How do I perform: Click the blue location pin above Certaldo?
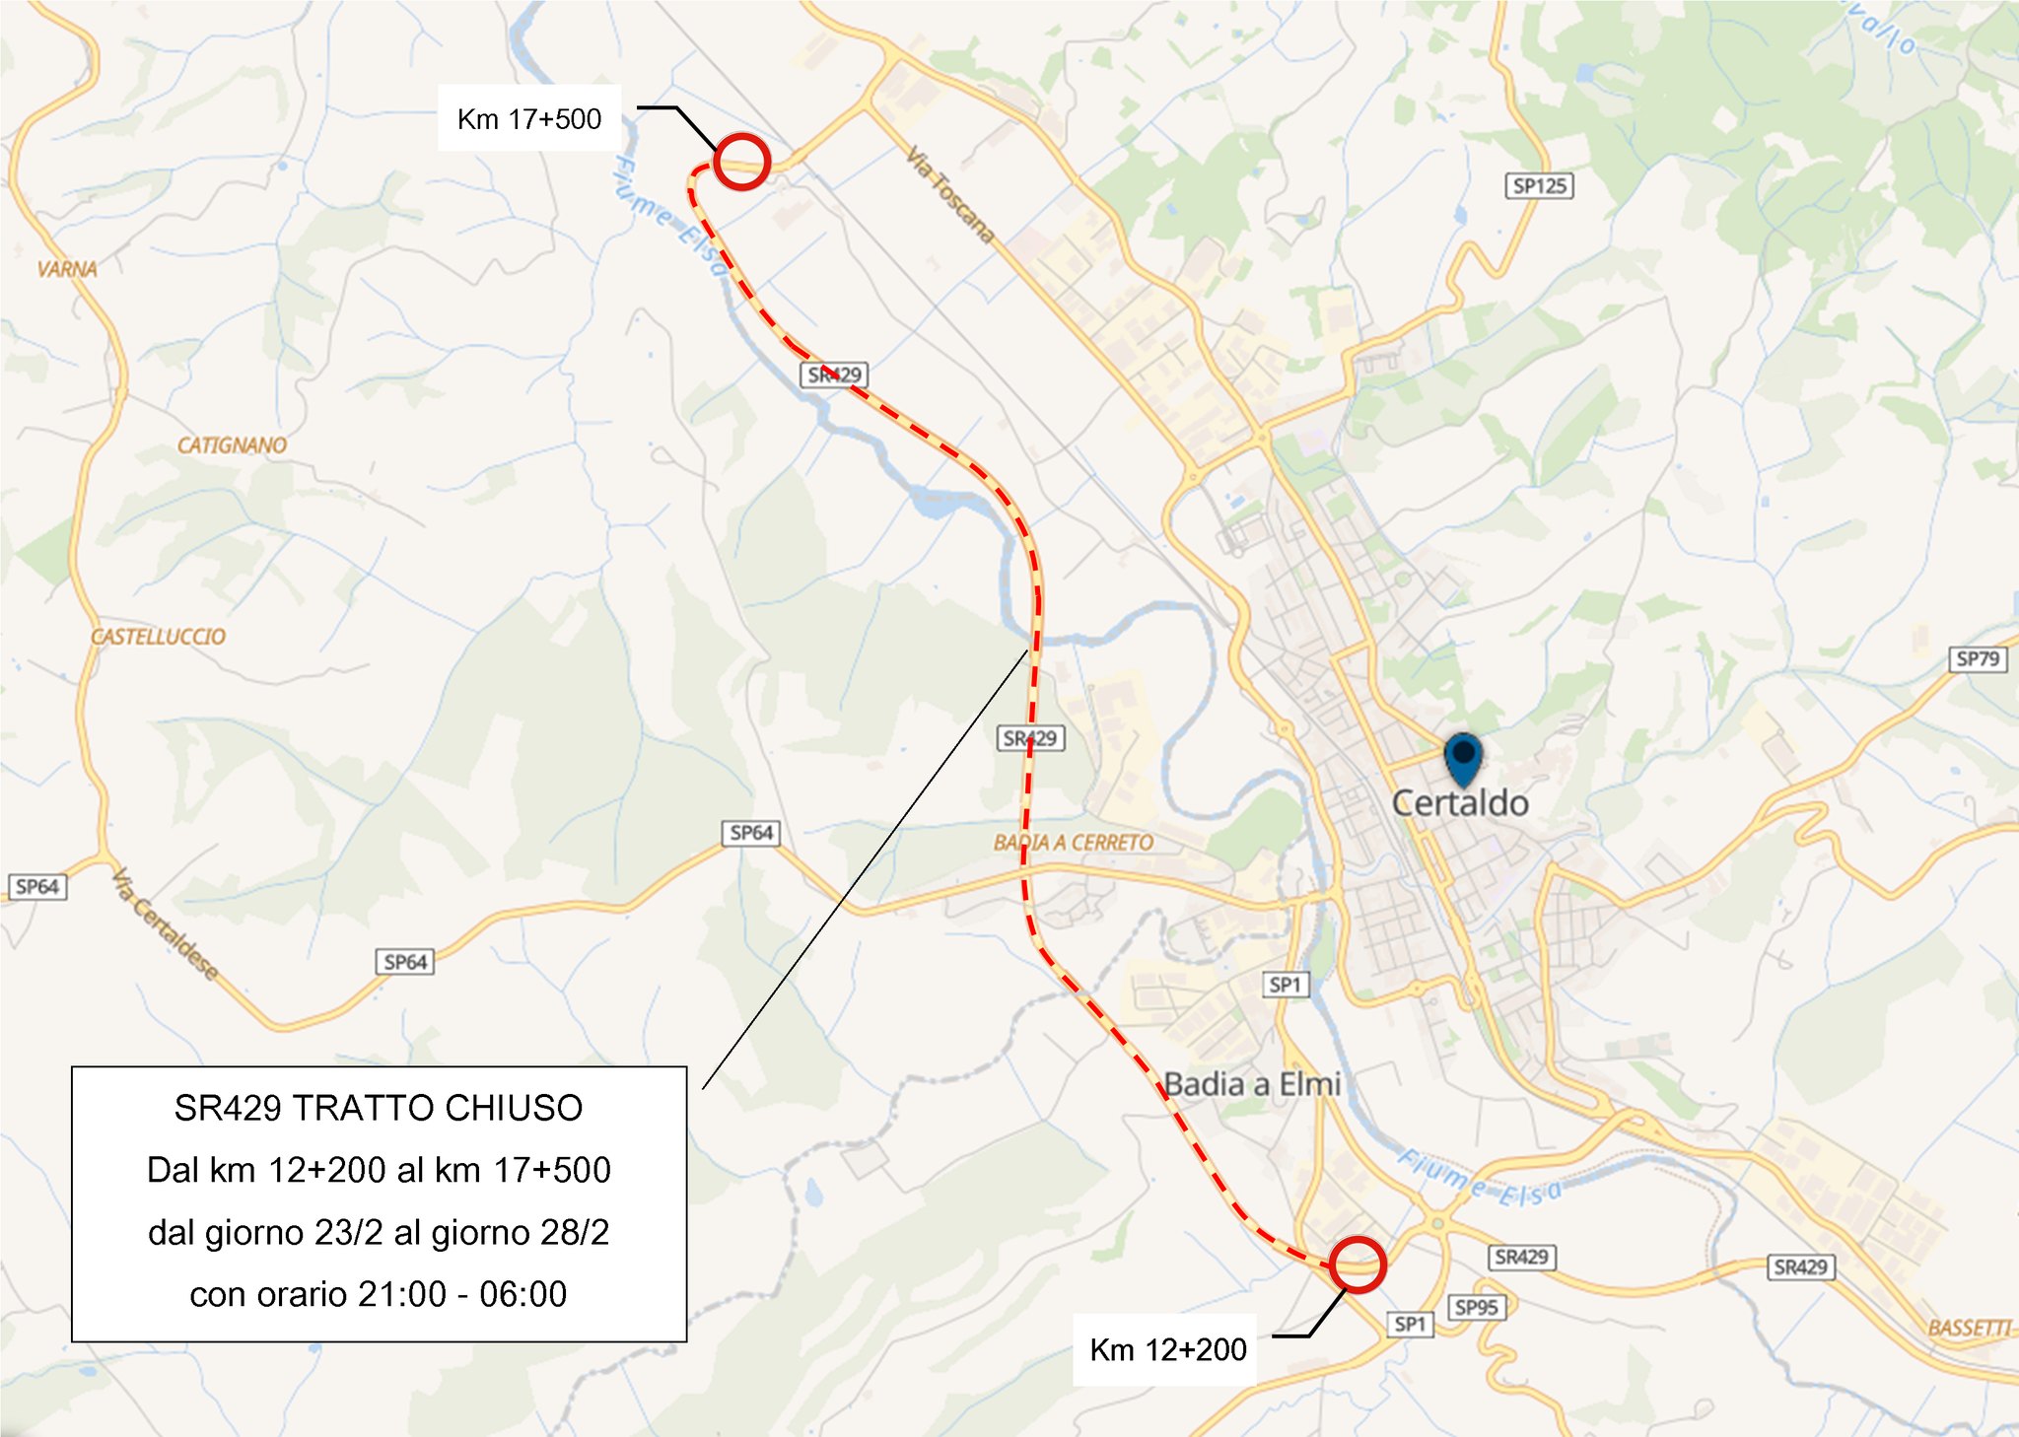tap(1464, 757)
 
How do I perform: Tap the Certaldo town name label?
tap(1460, 803)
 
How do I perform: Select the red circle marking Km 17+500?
tap(740, 161)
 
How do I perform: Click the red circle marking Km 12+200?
tap(1358, 1264)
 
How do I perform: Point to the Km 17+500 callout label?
tap(529, 119)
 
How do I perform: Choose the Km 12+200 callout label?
tap(1168, 1349)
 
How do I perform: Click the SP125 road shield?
tap(1540, 185)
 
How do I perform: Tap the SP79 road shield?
tap(1978, 658)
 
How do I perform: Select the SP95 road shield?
tap(1476, 1308)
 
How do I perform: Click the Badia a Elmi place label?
tap(1252, 1084)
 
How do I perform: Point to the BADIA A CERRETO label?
tap(1073, 843)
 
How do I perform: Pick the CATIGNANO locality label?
tap(232, 445)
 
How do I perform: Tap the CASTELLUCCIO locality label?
tap(158, 637)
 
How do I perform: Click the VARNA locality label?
tap(67, 269)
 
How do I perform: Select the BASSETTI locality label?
tap(1969, 1328)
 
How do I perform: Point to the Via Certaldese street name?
tap(165, 924)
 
